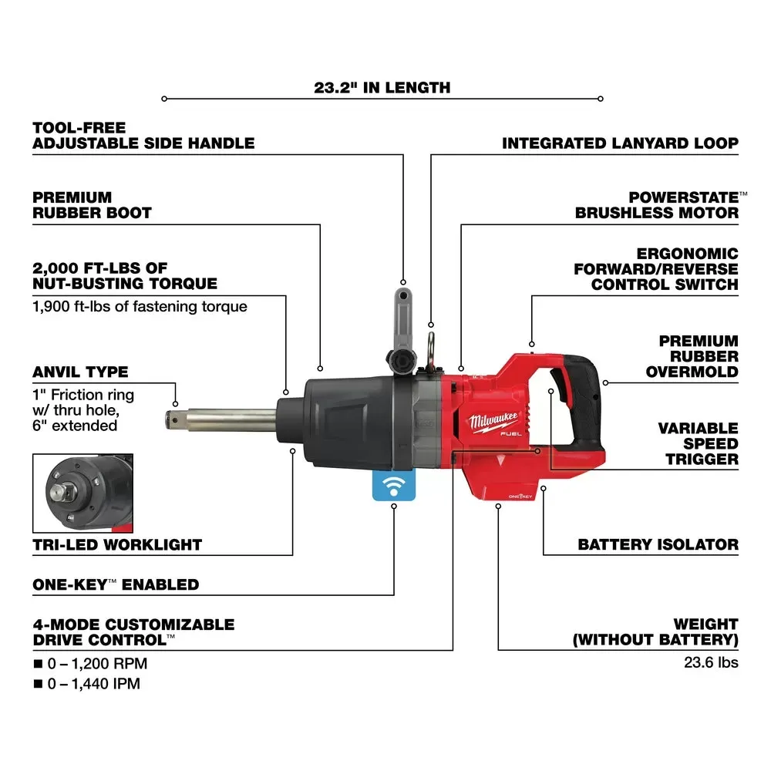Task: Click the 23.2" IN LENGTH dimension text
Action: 382,87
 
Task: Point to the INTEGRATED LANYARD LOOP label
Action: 620,143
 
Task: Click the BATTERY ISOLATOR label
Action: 658,544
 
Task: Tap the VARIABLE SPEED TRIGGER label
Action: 698,443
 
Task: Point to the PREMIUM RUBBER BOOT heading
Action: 92,204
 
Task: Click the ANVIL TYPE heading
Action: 80,372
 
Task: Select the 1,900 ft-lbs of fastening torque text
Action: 140,306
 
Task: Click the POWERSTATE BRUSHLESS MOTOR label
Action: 657,204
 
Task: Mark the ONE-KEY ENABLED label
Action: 116,584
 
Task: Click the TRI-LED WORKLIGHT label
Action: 117,544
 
